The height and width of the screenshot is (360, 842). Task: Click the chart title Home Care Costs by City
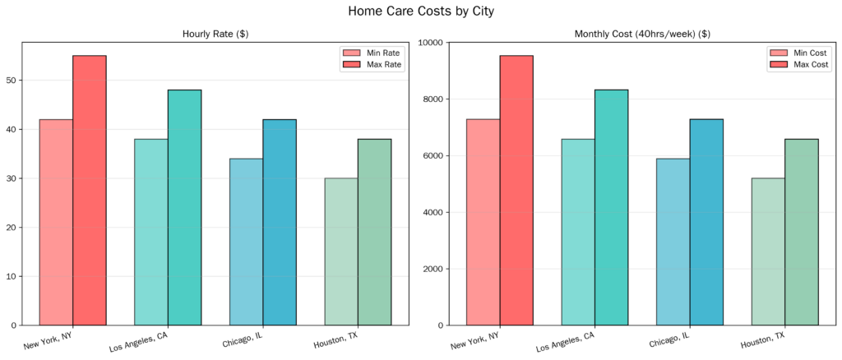click(x=420, y=12)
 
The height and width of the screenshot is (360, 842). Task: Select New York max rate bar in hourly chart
click(x=90, y=190)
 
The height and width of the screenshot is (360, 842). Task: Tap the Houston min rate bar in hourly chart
click(x=341, y=252)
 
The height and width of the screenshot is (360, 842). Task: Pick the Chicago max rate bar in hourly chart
click(x=280, y=222)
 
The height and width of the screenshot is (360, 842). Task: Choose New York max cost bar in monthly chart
click(x=516, y=190)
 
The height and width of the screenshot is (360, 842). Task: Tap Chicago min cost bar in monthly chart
click(x=673, y=242)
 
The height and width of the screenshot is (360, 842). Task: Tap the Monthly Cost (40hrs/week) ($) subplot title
click(x=642, y=34)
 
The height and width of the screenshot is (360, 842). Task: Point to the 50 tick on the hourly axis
click(x=11, y=81)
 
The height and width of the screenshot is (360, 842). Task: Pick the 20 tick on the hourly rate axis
click(x=11, y=228)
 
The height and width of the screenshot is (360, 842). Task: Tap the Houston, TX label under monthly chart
click(x=762, y=339)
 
